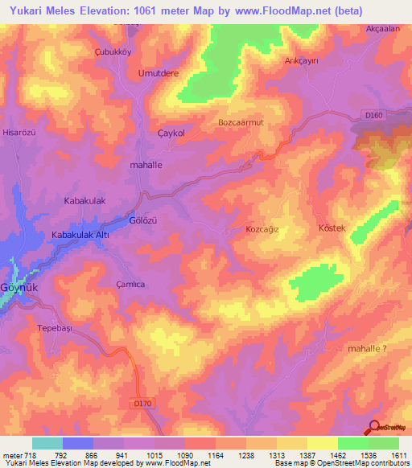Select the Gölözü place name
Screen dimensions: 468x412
[142, 220]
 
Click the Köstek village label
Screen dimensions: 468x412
[332, 228]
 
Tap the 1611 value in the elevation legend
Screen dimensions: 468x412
[398, 456]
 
